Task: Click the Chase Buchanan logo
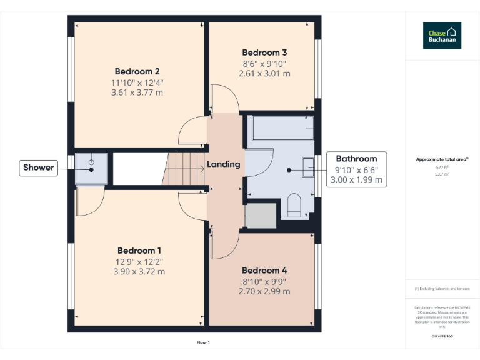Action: (442, 36)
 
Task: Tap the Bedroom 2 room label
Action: (137, 71)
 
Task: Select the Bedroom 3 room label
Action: (264, 52)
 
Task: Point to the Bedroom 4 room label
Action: (264, 270)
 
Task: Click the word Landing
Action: (224, 164)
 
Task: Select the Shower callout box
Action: (38, 167)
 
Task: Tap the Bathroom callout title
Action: (356, 159)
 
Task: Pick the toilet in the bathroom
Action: (292, 204)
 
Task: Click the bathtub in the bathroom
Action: (281, 127)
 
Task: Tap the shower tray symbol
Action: (91, 169)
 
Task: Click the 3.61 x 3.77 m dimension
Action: (137, 92)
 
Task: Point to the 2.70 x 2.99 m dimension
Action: (264, 291)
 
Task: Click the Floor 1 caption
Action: (203, 342)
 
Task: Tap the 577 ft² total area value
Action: (442, 167)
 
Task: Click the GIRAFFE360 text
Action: (442, 336)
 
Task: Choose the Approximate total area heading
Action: (442, 159)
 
